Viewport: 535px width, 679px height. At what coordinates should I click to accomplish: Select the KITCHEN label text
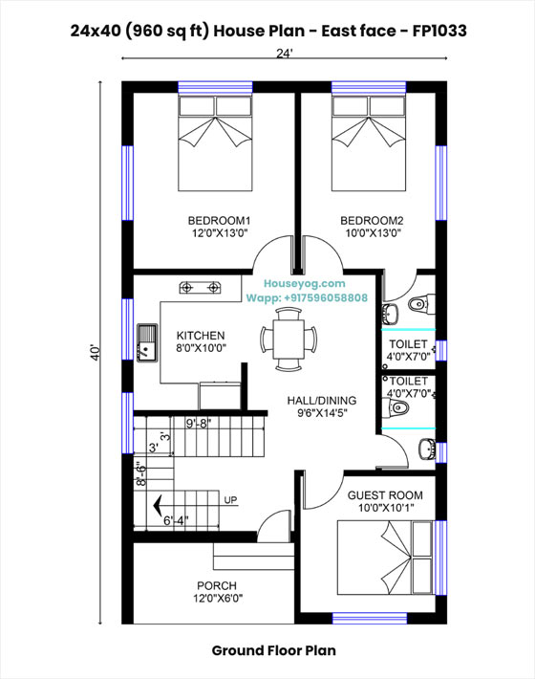pos(201,336)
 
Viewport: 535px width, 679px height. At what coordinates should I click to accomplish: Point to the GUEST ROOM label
pos(385,495)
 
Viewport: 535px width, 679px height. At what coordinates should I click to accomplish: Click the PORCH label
pos(217,585)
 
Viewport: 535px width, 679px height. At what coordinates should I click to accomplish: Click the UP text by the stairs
pos(230,500)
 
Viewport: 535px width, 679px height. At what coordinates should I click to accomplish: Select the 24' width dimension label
pos(285,55)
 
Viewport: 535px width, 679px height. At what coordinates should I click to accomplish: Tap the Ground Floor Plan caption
pos(274,650)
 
